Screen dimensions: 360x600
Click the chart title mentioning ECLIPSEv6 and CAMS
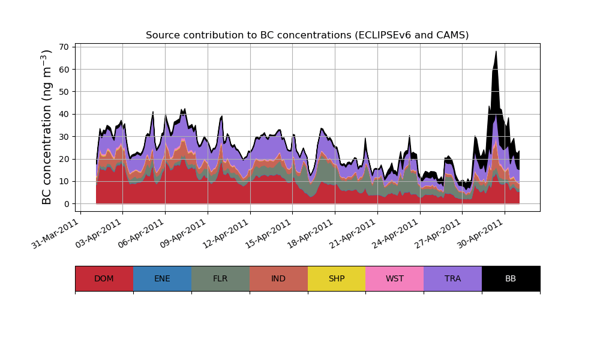point(307,35)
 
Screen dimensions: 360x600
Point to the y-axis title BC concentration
point(47,127)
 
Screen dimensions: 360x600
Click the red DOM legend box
point(104,278)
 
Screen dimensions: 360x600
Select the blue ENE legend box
point(162,278)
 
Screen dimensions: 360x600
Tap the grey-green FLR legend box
point(220,278)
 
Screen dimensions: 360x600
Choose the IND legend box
point(278,278)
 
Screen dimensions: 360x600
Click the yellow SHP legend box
point(337,278)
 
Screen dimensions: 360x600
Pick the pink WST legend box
point(394,278)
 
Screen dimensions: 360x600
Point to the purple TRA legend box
point(452,278)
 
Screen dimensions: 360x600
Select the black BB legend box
point(511,278)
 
